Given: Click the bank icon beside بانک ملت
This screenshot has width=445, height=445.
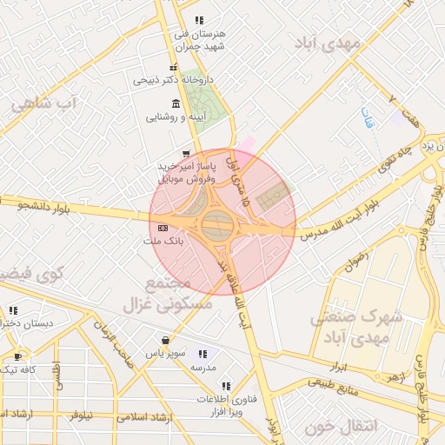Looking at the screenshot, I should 163,228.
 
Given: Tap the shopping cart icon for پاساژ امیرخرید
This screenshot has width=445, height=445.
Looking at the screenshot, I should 185,154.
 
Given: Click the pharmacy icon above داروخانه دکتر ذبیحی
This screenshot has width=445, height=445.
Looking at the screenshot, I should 174,67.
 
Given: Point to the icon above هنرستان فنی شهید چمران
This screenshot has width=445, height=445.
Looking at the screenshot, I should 199,20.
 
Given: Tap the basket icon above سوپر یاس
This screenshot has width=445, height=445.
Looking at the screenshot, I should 165,340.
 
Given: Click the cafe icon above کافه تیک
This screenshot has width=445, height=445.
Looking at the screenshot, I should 18,356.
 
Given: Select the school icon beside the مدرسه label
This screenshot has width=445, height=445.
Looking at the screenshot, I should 203,354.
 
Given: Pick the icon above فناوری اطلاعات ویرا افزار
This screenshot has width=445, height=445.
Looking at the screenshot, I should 226,385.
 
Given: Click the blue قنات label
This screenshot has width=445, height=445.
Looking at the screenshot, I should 367,117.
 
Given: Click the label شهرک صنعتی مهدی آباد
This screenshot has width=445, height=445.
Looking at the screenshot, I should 356,327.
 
